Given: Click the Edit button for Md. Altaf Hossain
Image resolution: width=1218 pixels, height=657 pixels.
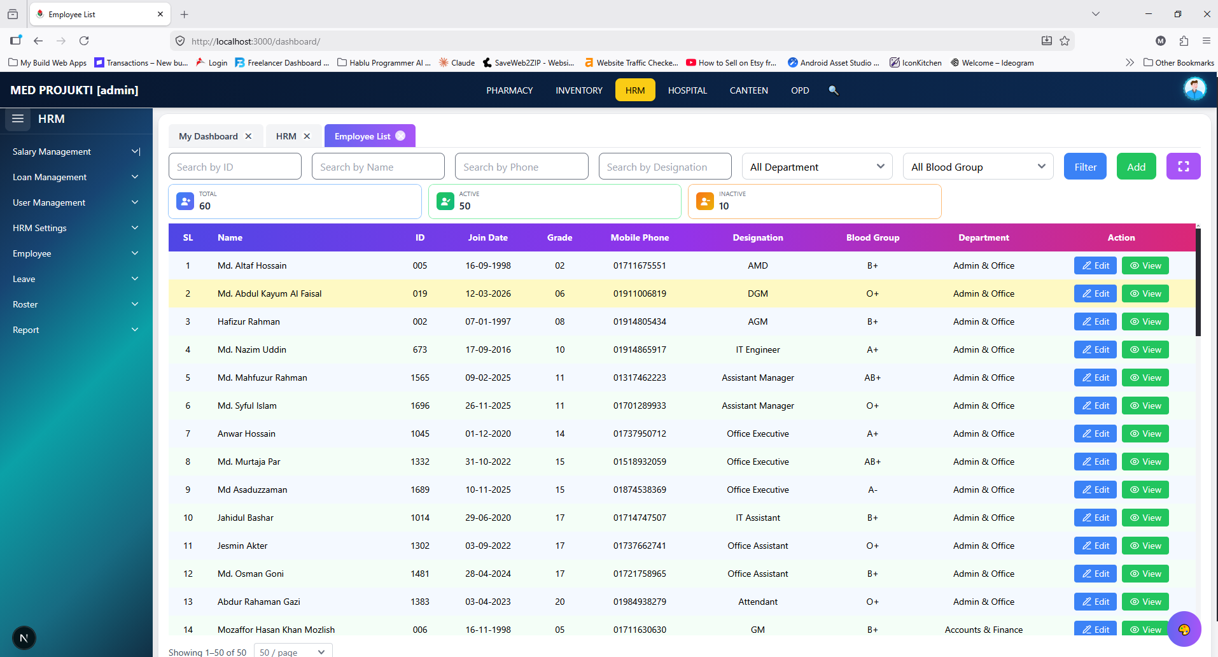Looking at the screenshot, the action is pos(1095,265).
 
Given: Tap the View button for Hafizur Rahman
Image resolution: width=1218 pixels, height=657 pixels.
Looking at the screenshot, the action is pos(1145,321).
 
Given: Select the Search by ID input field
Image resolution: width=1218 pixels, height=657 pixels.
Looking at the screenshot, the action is pos(235,167).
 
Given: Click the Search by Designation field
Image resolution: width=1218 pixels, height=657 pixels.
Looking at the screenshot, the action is pos(665,167).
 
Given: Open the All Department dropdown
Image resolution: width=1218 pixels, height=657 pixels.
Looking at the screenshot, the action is pos(817,167).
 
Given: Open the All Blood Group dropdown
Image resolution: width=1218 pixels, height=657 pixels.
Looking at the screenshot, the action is pos(978,167).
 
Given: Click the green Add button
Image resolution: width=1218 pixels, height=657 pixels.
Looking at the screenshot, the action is pos(1136,167).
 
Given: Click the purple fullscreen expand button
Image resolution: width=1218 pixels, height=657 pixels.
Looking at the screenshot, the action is pos(1183,167).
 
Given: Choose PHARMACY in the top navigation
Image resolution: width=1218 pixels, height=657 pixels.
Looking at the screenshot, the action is pos(510,90).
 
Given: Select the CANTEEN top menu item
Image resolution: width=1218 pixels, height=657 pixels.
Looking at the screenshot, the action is pos(748,90).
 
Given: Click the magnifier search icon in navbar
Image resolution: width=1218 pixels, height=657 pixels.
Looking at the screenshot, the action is pos(833,90).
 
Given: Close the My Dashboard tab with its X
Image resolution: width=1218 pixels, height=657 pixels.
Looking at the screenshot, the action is pos(248,136).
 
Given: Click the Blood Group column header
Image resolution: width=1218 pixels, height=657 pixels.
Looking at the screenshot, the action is pos(872,237).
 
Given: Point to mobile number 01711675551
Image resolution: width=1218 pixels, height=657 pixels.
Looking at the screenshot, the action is pos(640,265).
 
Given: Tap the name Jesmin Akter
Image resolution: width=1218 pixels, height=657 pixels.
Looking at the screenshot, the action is pos(242,546).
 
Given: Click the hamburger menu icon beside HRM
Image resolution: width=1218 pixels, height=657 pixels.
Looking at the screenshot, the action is pos(18,119).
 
